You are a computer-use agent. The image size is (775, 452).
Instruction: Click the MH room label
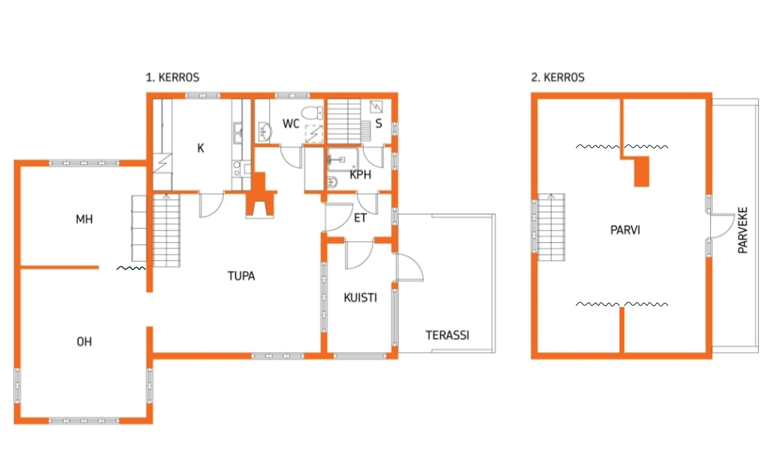[x=84, y=219]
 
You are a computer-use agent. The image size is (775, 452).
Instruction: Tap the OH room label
[x=84, y=342]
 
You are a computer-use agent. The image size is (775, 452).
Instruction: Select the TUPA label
[x=241, y=276]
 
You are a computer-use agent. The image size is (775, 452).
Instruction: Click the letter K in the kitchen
[x=201, y=148]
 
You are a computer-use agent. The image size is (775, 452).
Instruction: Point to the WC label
[x=291, y=123]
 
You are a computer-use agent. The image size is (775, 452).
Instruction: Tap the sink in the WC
[x=265, y=132]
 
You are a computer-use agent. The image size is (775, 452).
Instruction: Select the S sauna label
[x=379, y=123]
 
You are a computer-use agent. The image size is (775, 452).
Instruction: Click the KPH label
[x=360, y=175]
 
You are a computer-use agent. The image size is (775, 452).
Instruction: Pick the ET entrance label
[x=360, y=218]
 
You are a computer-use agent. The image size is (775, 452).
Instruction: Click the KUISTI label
[x=360, y=298]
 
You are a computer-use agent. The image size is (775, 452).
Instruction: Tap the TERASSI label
[x=448, y=335]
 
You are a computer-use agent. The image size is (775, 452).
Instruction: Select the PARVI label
[x=625, y=230]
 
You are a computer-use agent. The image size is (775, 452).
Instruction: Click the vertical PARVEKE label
[x=743, y=230]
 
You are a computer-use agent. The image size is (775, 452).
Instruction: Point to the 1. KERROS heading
[x=172, y=77]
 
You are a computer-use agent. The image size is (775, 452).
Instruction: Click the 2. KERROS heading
[x=558, y=77]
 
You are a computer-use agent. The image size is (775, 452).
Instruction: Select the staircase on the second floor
[x=551, y=227]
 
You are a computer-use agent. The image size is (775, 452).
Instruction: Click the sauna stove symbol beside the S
[x=376, y=107]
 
